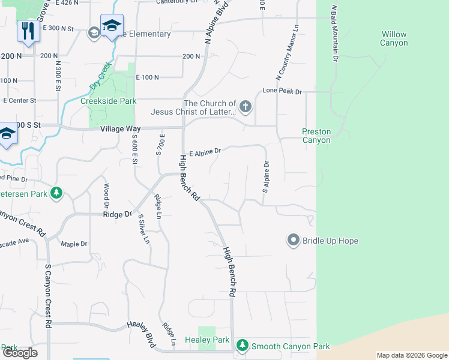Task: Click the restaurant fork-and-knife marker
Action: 28,31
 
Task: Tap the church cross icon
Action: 245,107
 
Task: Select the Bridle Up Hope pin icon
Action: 294,241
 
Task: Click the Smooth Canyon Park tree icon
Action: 242,346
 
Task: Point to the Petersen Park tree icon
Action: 56,193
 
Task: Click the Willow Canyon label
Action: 394,39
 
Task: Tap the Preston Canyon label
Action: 316,136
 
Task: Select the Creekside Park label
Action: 109,101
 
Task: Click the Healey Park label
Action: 214,340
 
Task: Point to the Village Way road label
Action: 121,129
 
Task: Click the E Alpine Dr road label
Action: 205,153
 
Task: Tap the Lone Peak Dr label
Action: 282,92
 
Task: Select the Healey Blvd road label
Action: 141,333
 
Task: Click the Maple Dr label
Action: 74,244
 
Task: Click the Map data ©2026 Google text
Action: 412,355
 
